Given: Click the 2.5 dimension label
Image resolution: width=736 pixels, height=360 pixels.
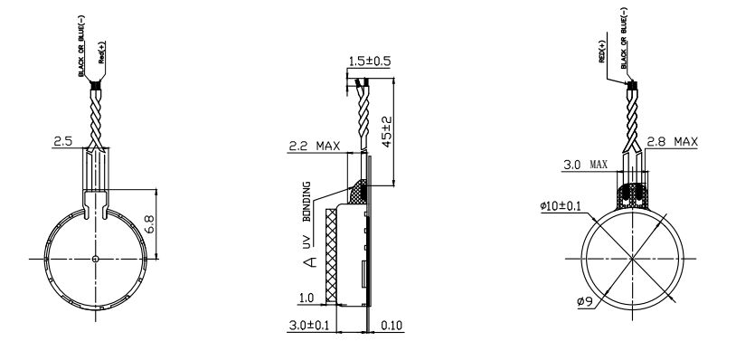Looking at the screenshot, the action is tap(63, 141).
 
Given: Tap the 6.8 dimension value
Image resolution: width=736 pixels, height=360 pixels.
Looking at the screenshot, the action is tap(150, 224).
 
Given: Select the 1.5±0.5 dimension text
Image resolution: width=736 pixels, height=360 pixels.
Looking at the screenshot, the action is tap(370, 62).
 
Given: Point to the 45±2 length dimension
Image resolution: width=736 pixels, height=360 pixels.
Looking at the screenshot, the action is tap(387, 131).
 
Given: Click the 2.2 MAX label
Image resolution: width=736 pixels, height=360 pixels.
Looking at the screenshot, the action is tap(314, 146).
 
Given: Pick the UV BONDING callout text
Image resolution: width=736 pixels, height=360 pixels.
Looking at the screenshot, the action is tap(307, 215).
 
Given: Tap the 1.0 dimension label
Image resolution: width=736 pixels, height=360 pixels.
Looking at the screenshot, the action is tap(306, 298).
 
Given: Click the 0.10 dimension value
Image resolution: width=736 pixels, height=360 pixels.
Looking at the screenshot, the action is tap(392, 325).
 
